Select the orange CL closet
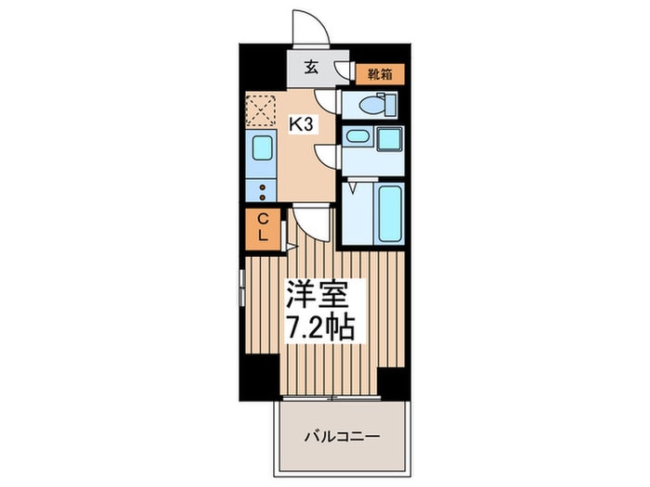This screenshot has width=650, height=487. click(x=263, y=227)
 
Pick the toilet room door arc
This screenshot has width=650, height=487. click(x=327, y=100)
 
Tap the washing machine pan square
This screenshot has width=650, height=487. click(x=389, y=138)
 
